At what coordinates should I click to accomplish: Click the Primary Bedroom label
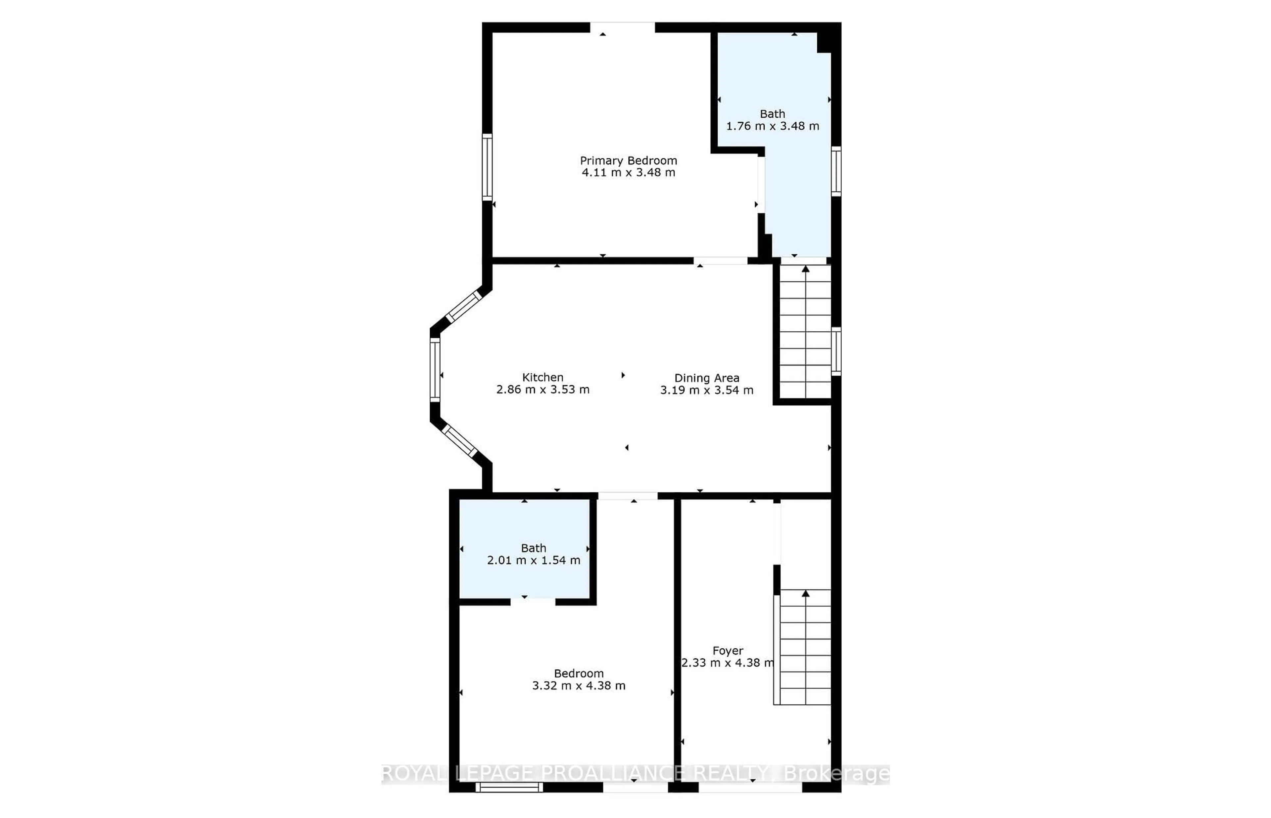pos(628,160)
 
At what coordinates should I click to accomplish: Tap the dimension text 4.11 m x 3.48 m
pos(628,173)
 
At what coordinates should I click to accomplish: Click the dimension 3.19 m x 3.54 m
pos(706,390)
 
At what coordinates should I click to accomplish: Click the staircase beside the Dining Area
pos(805,332)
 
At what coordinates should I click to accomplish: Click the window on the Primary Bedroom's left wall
pos(487,167)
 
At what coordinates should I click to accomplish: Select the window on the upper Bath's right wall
pos(836,171)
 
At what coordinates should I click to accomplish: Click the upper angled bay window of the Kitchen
pos(463,307)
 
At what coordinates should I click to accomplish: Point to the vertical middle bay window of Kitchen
pos(435,369)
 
